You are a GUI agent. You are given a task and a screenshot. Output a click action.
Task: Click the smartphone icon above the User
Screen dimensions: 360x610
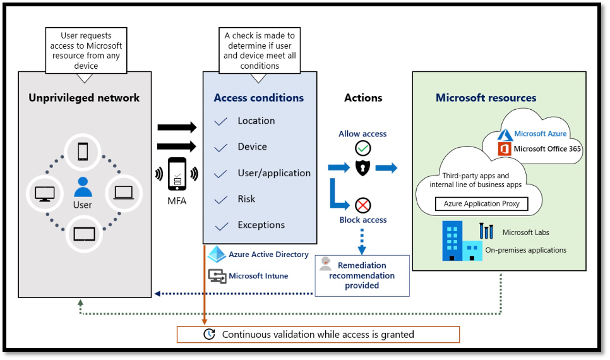83,152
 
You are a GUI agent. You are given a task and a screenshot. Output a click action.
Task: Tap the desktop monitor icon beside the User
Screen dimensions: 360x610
44,193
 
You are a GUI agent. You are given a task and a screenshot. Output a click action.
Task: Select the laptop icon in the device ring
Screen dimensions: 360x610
123,193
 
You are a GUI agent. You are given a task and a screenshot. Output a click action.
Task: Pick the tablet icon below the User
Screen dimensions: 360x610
84,234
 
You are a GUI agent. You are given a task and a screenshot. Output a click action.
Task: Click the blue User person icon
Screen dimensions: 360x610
83,187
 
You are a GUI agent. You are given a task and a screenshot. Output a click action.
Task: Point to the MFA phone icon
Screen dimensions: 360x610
177,174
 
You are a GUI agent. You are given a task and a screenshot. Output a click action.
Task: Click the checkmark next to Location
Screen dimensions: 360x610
221,122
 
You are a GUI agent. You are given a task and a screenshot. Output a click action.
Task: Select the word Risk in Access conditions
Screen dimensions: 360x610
246,199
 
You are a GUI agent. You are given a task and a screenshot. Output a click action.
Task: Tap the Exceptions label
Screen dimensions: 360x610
261,225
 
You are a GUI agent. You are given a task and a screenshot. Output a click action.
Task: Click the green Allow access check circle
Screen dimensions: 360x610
363,148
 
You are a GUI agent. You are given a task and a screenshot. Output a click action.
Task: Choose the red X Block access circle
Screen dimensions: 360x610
363,205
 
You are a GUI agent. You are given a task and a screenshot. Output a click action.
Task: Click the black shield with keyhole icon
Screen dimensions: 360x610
363,168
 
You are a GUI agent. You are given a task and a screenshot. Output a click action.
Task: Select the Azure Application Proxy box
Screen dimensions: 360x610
481,204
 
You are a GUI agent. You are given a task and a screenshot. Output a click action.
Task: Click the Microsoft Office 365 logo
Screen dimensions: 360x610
504,149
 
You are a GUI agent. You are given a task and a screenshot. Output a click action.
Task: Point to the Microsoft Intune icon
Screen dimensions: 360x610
217,276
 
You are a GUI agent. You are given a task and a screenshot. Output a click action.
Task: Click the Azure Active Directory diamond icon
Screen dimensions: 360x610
217,255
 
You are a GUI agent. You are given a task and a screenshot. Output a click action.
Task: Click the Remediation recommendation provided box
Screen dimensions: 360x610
362,275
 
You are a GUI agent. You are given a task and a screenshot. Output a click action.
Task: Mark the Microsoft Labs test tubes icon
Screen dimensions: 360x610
486,231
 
